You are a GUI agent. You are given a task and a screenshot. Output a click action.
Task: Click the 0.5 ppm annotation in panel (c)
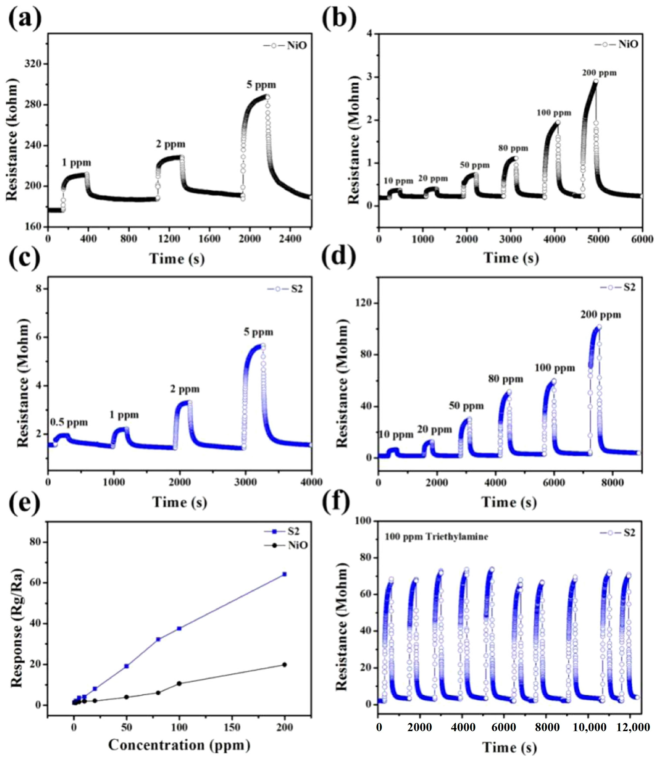(69, 423)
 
